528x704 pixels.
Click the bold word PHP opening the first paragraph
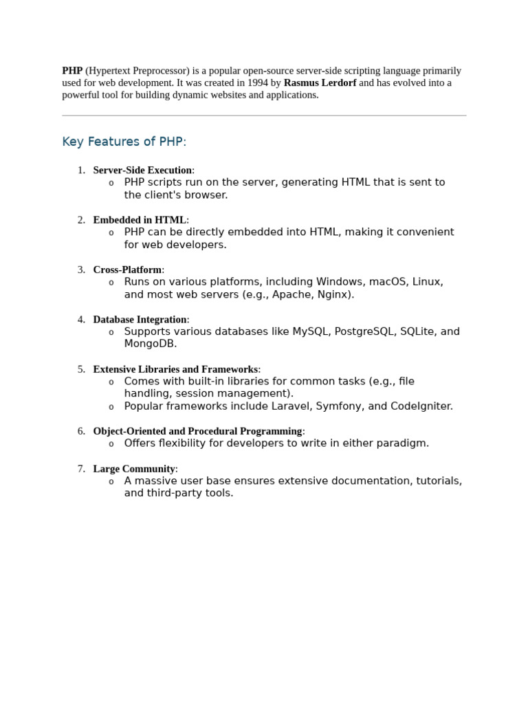[x=72, y=71]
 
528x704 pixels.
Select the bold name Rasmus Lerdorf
[x=320, y=83]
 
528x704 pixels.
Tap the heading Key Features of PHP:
[x=124, y=142]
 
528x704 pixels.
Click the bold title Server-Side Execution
[x=142, y=170]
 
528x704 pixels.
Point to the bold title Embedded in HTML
[x=140, y=220]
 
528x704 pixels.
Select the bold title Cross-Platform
[x=127, y=270]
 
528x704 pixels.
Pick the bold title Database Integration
[x=140, y=320]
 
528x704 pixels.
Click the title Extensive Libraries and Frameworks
[x=175, y=369]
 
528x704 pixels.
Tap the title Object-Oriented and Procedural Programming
[x=197, y=431]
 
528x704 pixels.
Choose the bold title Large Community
[x=134, y=469]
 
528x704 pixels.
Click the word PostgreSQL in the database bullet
[x=364, y=331]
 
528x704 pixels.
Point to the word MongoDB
[x=150, y=344]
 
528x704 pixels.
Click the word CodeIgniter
[x=421, y=406]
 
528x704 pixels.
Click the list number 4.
[x=81, y=320]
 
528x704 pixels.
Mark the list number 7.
[x=81, y=469]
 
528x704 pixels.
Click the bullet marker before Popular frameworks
[x=111, y=407]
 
